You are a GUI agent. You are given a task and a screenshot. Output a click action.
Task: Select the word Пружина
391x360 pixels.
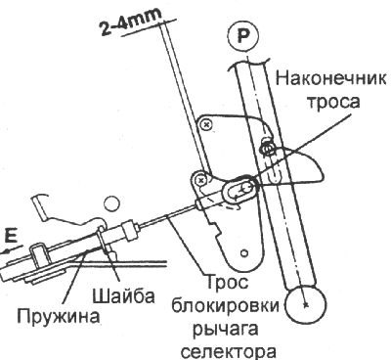pyautogui.click(x=54, y=316)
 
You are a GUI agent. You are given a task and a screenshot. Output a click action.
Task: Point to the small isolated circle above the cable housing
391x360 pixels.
pyautogui.click(x=112, y=202)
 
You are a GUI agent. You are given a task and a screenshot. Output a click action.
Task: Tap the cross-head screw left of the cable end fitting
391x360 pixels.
pyautogui.click(x=199, y=181)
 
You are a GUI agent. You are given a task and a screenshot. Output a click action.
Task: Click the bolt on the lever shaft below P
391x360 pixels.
pyautogui.click(x=266, y=148)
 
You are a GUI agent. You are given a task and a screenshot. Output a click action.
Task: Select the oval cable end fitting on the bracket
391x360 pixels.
pyautogui.click(x=238, y=185)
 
